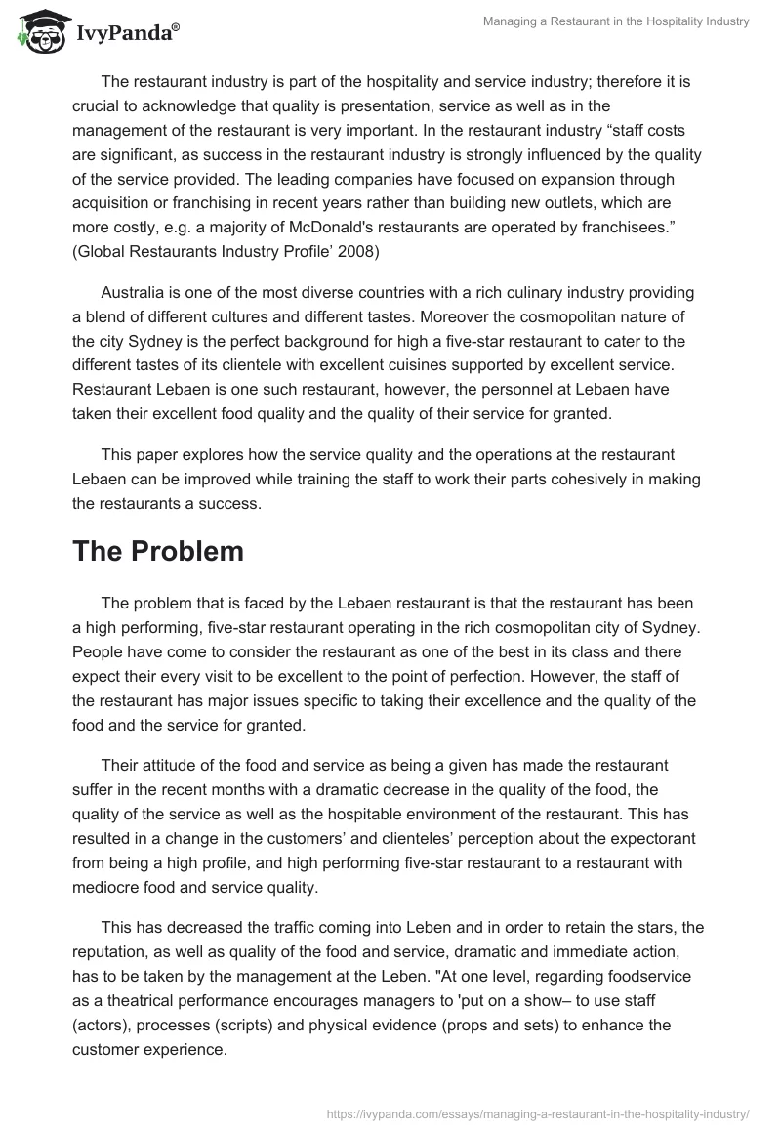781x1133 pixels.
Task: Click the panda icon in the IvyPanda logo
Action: click(x=38, y=31)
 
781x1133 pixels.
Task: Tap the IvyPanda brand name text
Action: click(x=124, y=35)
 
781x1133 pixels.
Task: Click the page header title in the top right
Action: click(x=616, y=22)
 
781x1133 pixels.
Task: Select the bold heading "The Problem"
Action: click(x=158, y=551)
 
